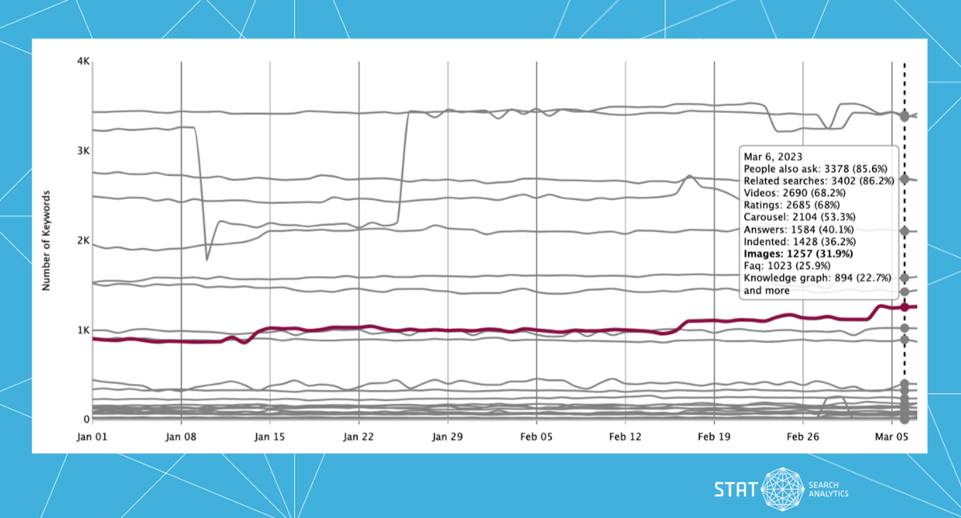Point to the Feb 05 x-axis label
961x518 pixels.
537,437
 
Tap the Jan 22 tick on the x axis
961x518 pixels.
359,437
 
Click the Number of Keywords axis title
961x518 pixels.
47,240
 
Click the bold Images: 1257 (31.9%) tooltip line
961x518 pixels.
798,254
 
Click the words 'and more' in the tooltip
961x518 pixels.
767,291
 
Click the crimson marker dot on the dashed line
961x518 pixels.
905,307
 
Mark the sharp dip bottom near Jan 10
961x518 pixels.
207,259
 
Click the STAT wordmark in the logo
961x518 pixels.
734,488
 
